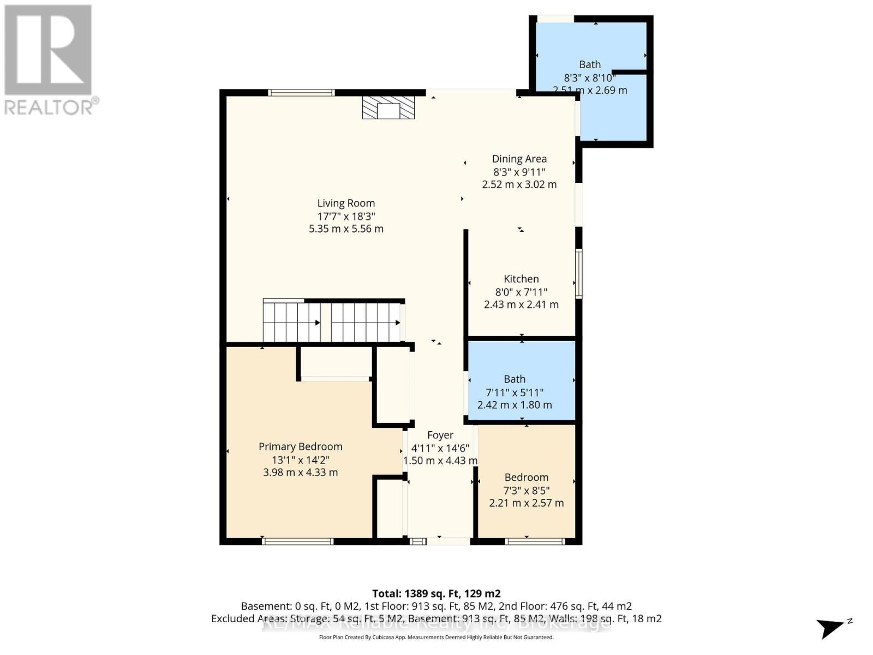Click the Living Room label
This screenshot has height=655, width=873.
click(x=346, y=204)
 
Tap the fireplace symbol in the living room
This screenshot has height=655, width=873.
click(x=388, y=108)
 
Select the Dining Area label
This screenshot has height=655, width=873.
click(x=519, y=159)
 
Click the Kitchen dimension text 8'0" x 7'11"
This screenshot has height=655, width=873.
click(x=521, y=292)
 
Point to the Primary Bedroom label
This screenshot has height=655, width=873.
click(x=300, y=446)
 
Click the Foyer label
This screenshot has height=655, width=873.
click(x=440, y=435)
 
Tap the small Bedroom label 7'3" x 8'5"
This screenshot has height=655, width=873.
click(x=526, y=478)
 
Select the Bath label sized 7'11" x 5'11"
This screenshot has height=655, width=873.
click(x=514, y=379)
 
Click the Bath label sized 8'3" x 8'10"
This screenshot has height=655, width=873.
click(x=589, y=65)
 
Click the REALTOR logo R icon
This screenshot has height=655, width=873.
click(x=48, y=50)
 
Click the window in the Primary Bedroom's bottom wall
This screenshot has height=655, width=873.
click(x=297, y=541)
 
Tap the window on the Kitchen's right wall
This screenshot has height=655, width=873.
click(x=579, y=273)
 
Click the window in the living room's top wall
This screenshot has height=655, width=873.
click(x=302, y=93)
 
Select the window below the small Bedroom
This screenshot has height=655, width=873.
click(x=534, y=541)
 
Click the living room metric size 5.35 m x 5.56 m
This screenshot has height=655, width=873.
click(x=346, y=229)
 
